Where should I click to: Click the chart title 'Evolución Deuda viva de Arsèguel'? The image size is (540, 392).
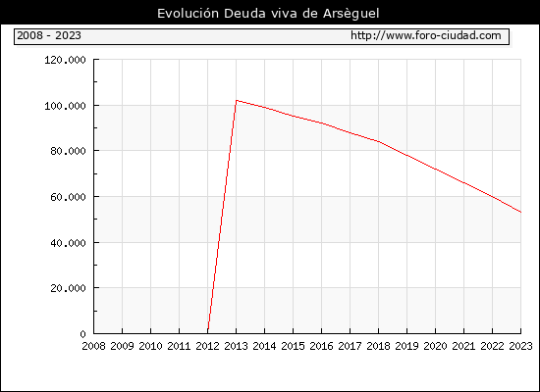(268, 14)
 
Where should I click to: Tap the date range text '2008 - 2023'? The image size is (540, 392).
(49, 35)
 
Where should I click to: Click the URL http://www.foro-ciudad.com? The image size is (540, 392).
(426, 35)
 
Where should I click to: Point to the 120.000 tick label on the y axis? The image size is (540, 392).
(65, 60)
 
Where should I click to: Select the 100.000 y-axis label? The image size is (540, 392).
(65, 106)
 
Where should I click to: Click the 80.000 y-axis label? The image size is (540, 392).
(68, 151)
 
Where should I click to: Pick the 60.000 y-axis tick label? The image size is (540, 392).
(68, 197)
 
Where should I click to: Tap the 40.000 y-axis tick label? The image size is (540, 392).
(68, 243)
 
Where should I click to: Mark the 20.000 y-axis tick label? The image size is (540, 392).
(68, 288)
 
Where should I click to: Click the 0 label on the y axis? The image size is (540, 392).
(83, 334)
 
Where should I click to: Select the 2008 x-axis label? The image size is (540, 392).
(93, 346)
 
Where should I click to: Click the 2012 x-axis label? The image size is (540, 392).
(208, 346)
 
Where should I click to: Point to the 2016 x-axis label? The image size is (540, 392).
(321, 346)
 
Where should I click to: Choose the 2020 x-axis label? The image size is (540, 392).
(435, 346)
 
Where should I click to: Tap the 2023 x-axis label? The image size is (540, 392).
(520, 346)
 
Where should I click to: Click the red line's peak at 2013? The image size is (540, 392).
(237, 100)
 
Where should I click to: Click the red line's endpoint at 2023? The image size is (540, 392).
(520, 212)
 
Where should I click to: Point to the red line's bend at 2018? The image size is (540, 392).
(378, 141)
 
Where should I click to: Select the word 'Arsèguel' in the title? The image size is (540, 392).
(351, 14)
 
